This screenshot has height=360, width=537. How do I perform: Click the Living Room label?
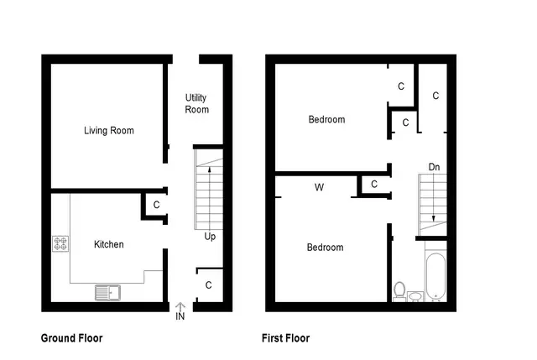tap(109, 131)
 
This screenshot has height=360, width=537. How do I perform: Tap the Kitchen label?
tap(109, 244)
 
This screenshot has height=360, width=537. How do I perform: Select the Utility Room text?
tap(196, 103)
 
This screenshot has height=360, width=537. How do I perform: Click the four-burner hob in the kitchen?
tap(60, 243)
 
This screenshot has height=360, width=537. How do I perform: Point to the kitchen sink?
tap(107, 293)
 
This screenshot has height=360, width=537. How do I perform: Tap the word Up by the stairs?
tap(210, 237)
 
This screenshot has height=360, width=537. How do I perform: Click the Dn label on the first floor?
tap(435, 167)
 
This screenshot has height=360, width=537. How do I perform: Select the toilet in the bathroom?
tap(399, 292)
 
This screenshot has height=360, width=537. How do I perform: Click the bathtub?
tap(436, 277)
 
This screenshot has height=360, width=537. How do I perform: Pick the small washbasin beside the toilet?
tap(416, 296)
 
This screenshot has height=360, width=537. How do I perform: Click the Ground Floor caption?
tap(72, 338)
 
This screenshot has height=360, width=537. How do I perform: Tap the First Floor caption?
tap(285, 338)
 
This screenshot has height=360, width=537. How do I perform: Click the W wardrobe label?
tap(319, 187)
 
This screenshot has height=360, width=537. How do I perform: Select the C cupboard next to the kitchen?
tap(157, 205)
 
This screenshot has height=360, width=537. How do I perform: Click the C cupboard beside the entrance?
tap(209, 285)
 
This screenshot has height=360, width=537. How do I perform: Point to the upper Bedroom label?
tap(326, 119)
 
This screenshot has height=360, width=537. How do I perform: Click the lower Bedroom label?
tap(325, 248)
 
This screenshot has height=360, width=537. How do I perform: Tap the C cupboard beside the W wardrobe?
tap(374, 185)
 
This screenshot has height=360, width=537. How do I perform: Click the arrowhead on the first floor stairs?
tap(434, 218)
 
